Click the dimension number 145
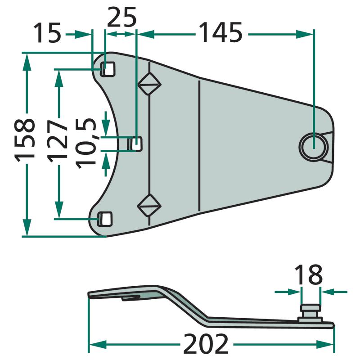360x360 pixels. [220, 32]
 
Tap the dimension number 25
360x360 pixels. [121, 17]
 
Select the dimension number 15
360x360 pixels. [48, 32]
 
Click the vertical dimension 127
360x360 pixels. [58, 140]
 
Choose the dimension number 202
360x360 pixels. [206, 344]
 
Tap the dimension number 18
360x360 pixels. [308, 274]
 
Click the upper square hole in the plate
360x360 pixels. [108, 69]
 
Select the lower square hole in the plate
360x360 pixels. [105, 219]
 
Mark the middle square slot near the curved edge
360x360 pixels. [135, 144]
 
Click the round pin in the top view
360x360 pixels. [314, 146]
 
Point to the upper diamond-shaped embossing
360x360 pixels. [149, 84]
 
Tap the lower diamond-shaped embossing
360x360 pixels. [149, 205]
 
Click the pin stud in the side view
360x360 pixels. [310, 313]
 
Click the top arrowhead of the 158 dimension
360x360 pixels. [27, 62]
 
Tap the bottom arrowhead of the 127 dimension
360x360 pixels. [59, 210]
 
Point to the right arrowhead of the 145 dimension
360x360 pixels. [305, 35]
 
